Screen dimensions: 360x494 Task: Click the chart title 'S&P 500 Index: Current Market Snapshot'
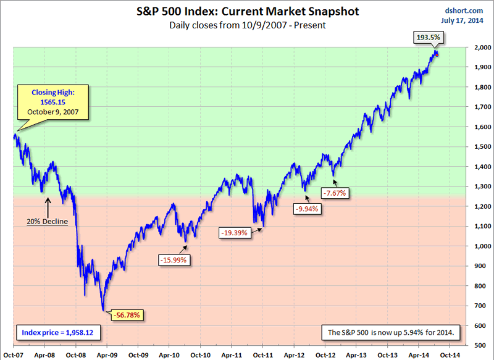click(247, 11)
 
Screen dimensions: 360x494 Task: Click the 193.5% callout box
click(428, 38)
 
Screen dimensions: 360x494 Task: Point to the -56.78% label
click(128, 316)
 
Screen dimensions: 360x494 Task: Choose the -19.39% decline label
click(235, 233)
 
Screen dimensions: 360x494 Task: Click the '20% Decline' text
click(47, 221)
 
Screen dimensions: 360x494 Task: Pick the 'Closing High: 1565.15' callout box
click(52, 103)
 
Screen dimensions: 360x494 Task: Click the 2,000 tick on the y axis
click(478, 47)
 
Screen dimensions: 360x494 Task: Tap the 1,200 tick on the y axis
click(478, 206)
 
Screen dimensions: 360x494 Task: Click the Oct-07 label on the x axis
click(13, 354)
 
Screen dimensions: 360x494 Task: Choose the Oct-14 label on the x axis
click(450, 354)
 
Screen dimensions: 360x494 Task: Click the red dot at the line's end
click(437, 55)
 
